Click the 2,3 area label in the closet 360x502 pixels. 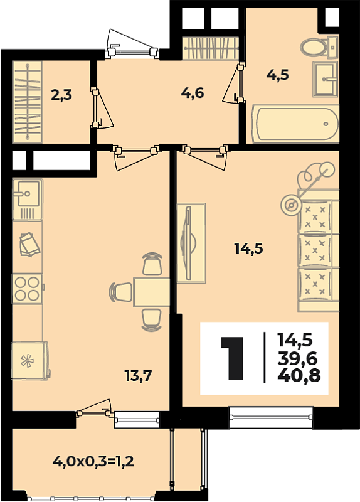click(61, 95)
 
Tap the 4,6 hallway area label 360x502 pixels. click(193, 93)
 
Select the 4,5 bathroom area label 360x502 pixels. click(277, 75)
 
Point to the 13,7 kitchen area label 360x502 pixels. click(138, 375)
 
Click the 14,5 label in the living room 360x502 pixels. click(248, 248)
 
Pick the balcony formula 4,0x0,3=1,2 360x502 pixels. click(93, 462)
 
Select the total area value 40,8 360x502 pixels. click(299, 375)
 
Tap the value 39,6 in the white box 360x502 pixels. click(298, 358)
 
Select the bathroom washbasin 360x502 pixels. click(326, 79)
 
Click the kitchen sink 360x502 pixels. click(28, 200)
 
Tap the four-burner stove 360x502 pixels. click(28, 289)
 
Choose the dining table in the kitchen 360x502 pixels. click(151, 292)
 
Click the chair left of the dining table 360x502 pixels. click(121, 292)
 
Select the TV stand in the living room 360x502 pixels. click(191, 243)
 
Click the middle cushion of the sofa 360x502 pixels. click(315, 250)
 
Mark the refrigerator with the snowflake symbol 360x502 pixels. click(29, 361)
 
